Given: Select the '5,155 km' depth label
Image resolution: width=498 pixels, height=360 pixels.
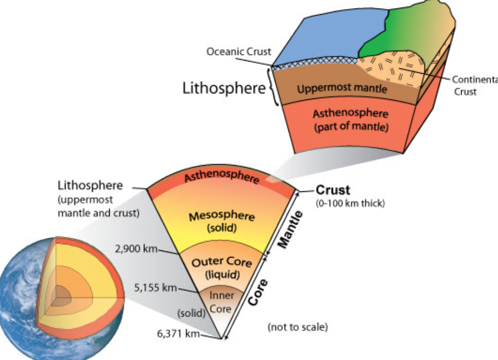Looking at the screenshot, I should pos(156,288).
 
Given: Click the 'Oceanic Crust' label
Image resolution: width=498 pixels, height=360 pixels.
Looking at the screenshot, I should pos(238,52).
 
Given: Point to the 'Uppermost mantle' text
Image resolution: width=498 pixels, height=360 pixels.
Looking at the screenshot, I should pos(342,88).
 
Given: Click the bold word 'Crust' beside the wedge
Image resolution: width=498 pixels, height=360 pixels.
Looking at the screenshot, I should pos(333,190).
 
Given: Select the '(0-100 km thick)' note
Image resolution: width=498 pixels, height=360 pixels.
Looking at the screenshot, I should pos(350,203).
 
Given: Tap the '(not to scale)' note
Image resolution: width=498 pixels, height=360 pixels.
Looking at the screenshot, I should pos(297,327).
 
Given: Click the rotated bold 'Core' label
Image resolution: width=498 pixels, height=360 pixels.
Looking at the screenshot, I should pos(258,292).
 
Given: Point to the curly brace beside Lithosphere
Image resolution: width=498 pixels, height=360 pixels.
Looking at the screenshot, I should pos(274,88).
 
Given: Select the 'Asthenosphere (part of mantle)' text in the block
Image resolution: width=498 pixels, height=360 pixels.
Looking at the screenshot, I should pos(351,120).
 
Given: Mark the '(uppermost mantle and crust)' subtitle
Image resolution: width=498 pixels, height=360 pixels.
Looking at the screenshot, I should pos(98,207).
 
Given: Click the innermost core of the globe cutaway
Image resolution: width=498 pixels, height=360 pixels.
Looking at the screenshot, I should pos(64,293).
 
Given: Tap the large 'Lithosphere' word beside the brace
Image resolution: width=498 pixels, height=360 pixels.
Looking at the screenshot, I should pos(224,88).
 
